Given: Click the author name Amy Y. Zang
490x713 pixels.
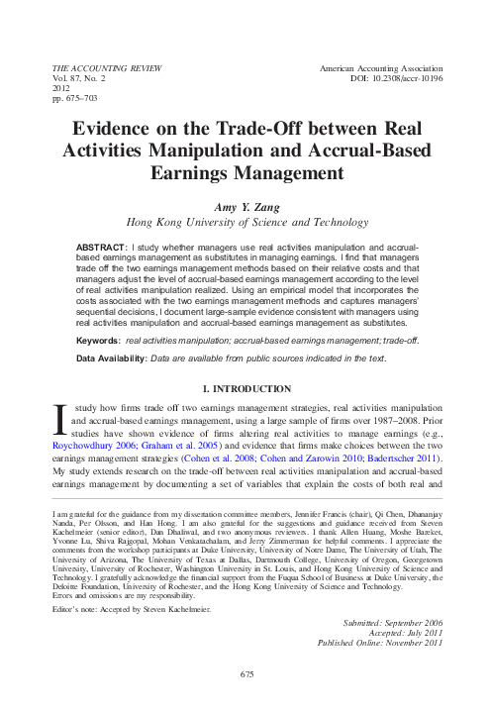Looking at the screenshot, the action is [245, 205].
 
